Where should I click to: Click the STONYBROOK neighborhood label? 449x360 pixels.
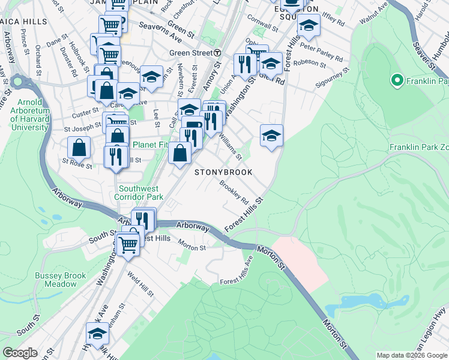click(x=222, y=172)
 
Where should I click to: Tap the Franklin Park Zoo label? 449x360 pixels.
click(x=418, y=147)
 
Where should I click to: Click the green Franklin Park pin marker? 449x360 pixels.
click(x=397, y=79)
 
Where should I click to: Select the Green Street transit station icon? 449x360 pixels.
click(x=217, y=53)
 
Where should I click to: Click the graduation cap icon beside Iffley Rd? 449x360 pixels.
click(x=309, y=25)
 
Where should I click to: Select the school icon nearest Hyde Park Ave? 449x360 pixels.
click(x=98, y=334)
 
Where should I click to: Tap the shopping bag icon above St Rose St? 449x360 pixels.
click(x=79, y=146)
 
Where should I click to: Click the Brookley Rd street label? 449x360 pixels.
click(x=234, y=193)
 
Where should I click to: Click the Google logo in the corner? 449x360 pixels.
click(x=20, y=353)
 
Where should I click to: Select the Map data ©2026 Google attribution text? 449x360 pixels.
click(x=411, y=355)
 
